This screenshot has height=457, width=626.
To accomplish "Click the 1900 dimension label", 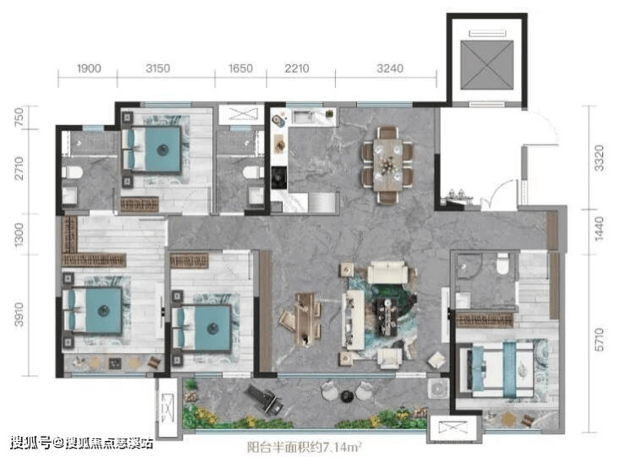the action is click(89, 68).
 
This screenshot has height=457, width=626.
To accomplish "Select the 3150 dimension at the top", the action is click(157, 68).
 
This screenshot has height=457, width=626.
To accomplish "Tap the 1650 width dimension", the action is click(240, 68).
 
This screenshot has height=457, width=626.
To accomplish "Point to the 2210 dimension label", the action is click(297, 68).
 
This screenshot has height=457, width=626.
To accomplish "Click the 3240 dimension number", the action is click(390, 68).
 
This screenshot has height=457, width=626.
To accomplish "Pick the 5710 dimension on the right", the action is click(599, 340).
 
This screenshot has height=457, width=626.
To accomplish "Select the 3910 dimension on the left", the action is click(19, 314).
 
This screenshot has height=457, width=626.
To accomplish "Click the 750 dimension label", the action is click(19, 117).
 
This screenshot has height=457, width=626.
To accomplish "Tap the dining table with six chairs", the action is click(387, 165).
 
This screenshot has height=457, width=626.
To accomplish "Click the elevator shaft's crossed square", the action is click(486, 65).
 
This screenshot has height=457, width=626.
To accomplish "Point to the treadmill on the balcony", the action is click(265, 400).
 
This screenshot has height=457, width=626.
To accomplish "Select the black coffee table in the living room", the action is click(387, 317).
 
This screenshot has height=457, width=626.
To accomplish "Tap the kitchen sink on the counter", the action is click(305, 117).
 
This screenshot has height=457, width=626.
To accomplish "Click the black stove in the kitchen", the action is click(279, 177).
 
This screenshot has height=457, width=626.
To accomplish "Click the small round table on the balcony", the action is click(346, 395).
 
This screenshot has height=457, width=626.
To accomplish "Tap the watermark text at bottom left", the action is click(81, 443).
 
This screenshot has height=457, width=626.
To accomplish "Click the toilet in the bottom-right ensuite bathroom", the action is click(502, 264).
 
